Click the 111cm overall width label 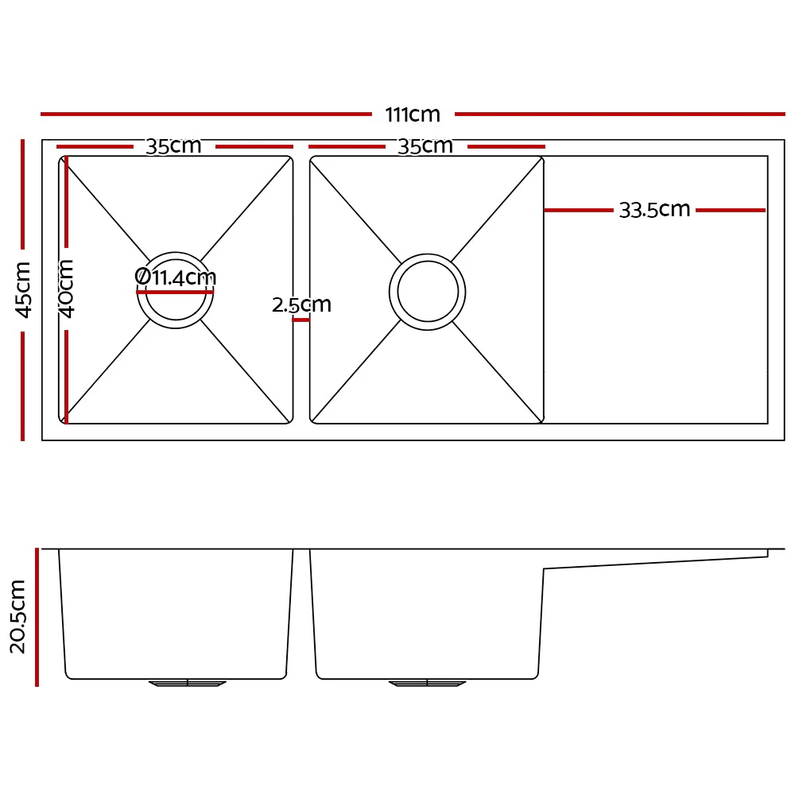click(413, 114)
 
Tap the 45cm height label click(24, 289)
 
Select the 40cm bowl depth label click(67, 288)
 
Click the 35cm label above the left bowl click(173, 146)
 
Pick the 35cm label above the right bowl click(425, 146)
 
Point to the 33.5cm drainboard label click(654, 210)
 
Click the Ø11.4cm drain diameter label click(176, 277)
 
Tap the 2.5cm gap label click(301, 304)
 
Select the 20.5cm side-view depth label click(17, 616)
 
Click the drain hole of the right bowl click(428, 293)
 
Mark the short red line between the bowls click(301, 320)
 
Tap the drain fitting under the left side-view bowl click(188, 683)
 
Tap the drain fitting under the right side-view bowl click(427, 683)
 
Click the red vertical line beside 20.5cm click(37, 616)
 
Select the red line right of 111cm click(619, 114)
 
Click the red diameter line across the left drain click(176, 292)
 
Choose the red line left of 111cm click(206, 114)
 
